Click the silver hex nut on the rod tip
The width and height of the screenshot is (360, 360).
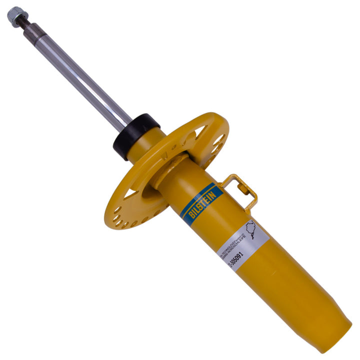[x=15, y=15]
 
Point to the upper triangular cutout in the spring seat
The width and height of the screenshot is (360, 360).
[x=203, y=132]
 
